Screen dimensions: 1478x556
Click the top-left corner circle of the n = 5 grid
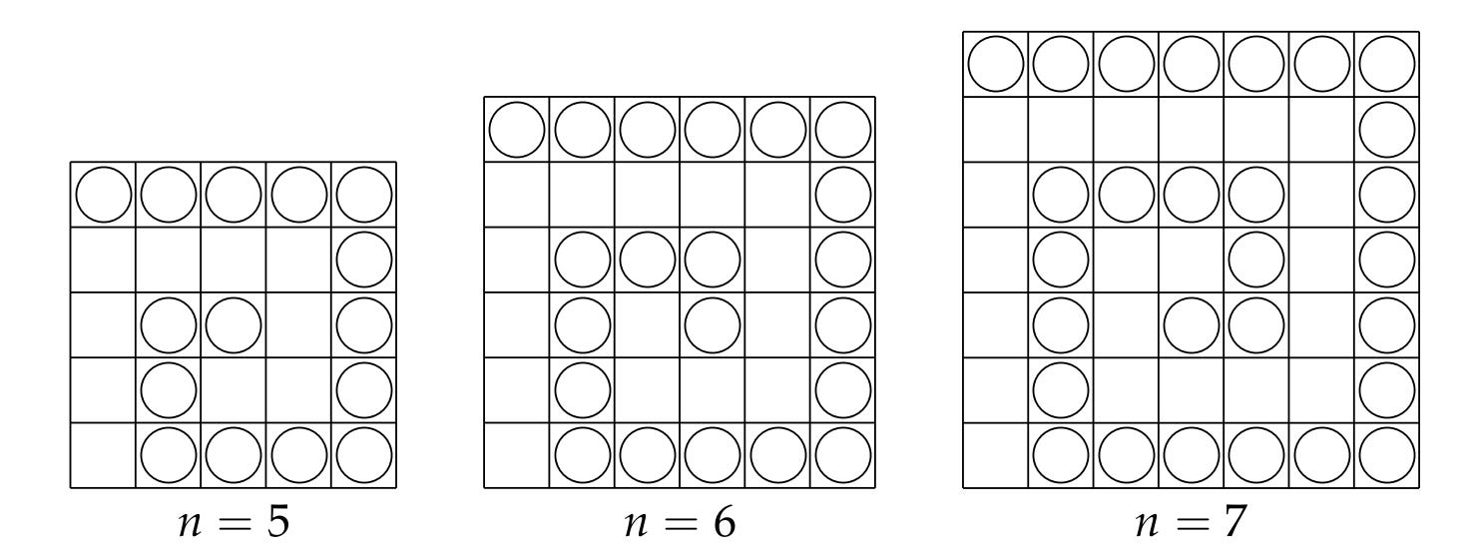(x=103, y=195)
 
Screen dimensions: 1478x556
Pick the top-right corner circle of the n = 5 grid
(x=364, y=195)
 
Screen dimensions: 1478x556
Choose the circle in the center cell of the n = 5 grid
(x=234, y=325)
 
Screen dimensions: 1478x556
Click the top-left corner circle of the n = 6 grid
(x=516, y=130)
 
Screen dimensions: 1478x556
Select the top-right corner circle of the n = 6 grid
(x=842, y=130)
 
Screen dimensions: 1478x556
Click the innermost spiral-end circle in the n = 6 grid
(x=712, y=325)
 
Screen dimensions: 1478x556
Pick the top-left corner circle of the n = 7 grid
(x=995, y=64)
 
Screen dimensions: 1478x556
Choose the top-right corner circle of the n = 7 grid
(x=1386, y=64)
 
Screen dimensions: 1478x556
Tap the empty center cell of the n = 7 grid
(x=1191, y=261)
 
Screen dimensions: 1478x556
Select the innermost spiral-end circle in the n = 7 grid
(x=1191, y=325)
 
